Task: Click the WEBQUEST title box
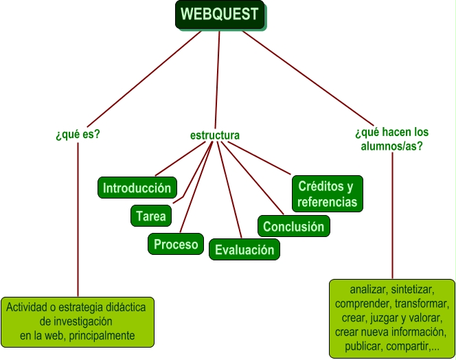click(x=220, y=14)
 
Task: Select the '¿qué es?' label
click(x=78, y=134)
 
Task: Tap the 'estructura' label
click(x=215, y=135)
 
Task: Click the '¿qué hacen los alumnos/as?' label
click(x=391, y=139)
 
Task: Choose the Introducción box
click(x=137, y=188)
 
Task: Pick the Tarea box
click(x=150, y=216)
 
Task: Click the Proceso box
click(x=176, y=244)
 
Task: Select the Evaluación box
click(x=244, y=250)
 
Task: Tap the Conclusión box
click(x=293, y=226)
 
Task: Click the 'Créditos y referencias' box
click(x=327, y=194)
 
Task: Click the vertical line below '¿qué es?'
click(x=78, y=220)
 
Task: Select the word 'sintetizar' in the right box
click(x=414, y=289)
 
